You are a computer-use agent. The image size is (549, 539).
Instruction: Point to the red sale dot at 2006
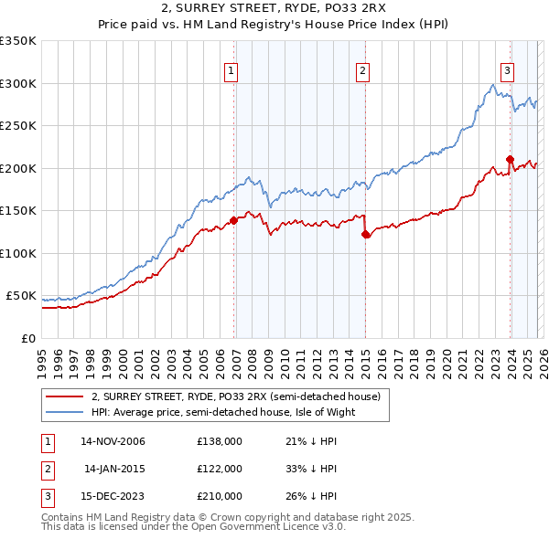[234, 219]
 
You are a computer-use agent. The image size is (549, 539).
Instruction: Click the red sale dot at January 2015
[366, 234]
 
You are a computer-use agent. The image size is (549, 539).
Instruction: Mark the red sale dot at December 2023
[510, 159]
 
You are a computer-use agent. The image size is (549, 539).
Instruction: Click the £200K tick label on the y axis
[18, 168]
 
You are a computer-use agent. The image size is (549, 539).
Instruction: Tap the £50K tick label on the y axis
[22, 296]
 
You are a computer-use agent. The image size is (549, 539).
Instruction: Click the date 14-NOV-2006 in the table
[113, 441]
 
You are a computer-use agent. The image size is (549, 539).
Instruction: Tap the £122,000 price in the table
[219, 469]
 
